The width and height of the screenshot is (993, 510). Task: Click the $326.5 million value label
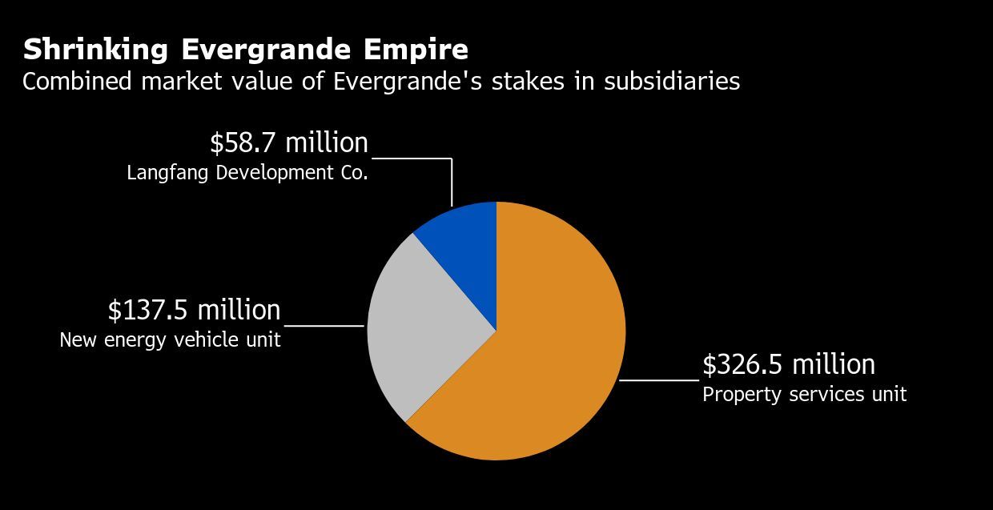pyautogui.click(x=788, y=365)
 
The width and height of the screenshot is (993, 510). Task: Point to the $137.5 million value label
pyautogui.click(x=194, y=310)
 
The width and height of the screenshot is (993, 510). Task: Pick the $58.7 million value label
pyautogui.click(x=288, y=143)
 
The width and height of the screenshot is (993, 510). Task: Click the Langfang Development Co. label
pyautogui.click(x=247, y=173)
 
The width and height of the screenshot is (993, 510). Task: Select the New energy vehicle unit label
pyautogui.click(x=170, y=340)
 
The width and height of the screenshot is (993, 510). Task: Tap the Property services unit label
pyautogui.click(x=804, y=395)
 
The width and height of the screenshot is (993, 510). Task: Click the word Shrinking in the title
pyautogui.click(x=95, y=50)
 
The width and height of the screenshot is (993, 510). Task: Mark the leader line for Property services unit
pyautogui.click(x=659, y=380)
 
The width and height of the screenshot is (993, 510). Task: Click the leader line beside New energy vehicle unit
pyautogui.click(x=324, y=326)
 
